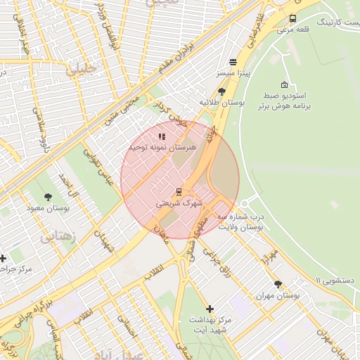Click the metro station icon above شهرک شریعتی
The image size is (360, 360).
(x=179, y=191)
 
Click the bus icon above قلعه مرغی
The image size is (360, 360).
(x=292, y=19)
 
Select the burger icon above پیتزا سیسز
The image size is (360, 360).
(x=233, y=62)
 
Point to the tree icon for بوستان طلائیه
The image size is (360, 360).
(x=222, y=91)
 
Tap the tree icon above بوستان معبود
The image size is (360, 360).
(x=48, y=198)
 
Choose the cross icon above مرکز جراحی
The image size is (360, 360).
(x=4, y=259)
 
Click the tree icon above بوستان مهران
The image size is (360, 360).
(x=278, y=285)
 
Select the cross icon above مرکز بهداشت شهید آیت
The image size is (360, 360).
(x=210, y=309)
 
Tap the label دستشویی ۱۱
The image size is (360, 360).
(x=337, y=280)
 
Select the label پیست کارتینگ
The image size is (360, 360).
(x=335, y=22)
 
